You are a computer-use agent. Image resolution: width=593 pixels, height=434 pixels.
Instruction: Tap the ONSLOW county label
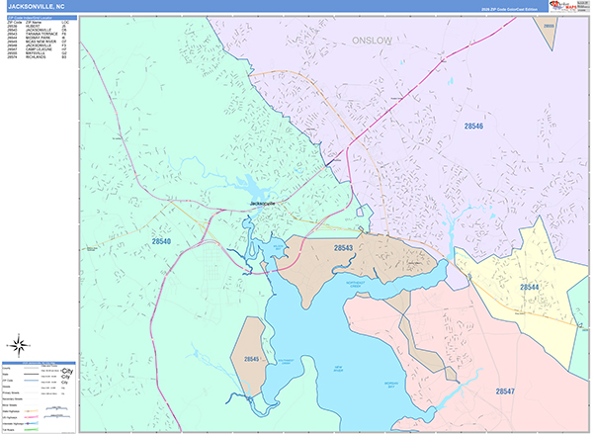tap(373, 41)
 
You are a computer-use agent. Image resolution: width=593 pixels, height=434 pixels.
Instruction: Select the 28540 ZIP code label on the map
tap(162, 241)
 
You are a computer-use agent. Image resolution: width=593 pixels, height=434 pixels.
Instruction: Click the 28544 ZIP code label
tap(530, 288)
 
